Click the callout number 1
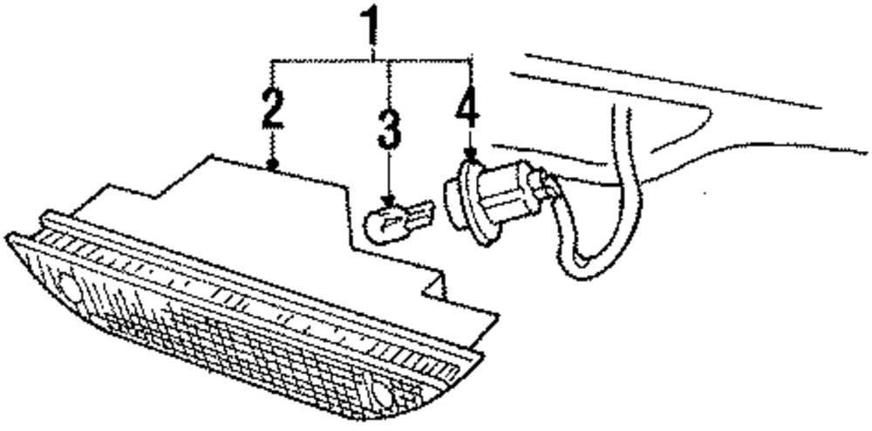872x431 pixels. (374, 29)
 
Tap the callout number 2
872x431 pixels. (272, 106)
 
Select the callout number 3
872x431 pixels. (390, 130)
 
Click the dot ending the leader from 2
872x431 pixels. (274, 165)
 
